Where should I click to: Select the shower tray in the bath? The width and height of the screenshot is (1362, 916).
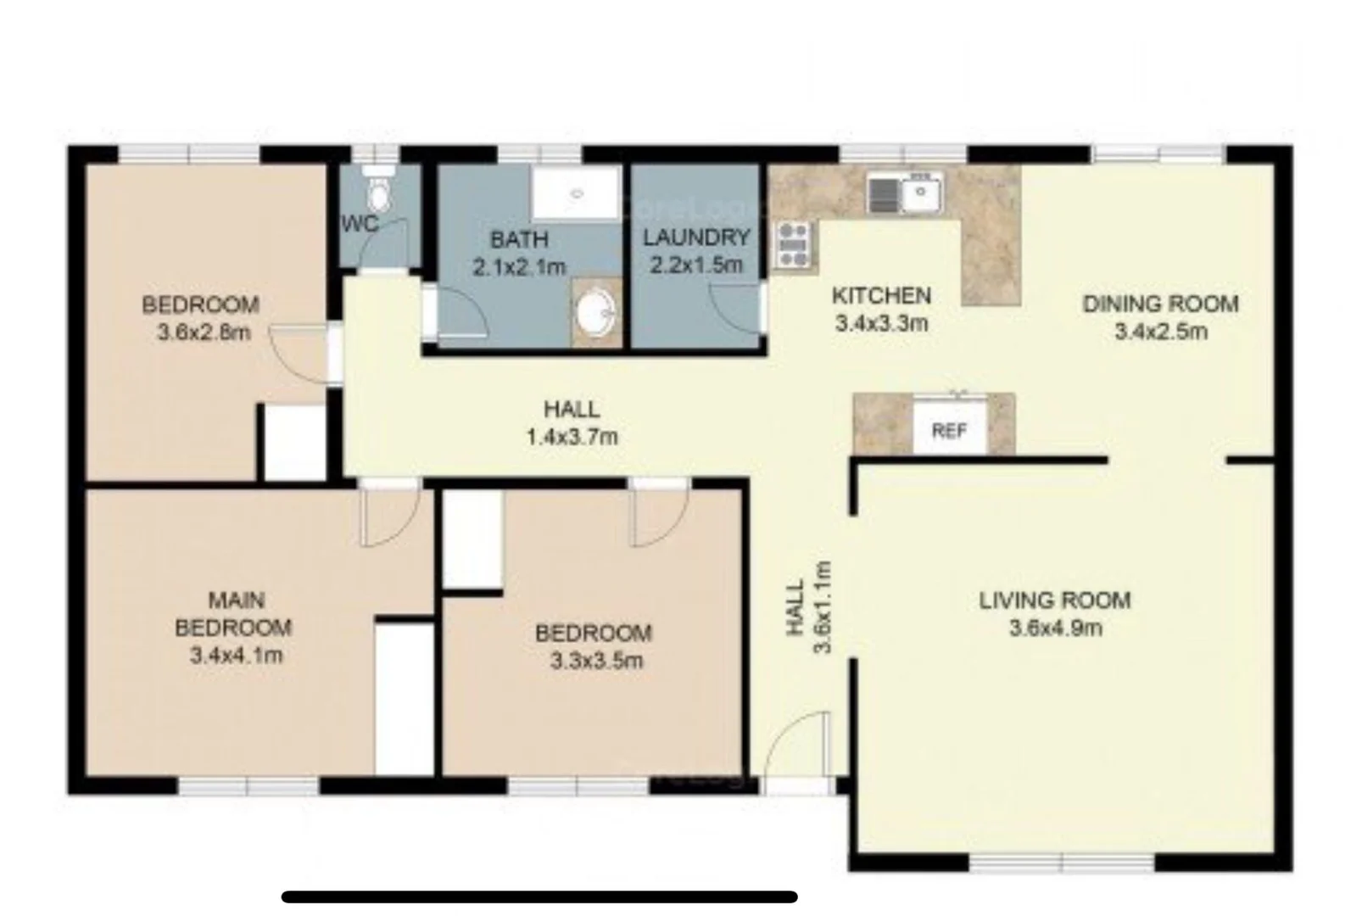(576, 194)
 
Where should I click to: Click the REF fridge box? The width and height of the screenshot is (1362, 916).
(949, 431)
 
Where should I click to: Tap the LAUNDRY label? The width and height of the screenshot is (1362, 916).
(696, 237)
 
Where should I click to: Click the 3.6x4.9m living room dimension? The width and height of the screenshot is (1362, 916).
(1055, 628)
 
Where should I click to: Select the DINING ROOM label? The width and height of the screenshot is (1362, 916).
(1160, 303)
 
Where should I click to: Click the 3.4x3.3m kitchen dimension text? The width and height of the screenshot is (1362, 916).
(881, 323)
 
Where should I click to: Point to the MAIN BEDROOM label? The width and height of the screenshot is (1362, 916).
(233, 614)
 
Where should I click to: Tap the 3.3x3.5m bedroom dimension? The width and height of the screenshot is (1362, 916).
(596, 661)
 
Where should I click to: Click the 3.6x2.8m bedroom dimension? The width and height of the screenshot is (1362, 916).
(204, 332)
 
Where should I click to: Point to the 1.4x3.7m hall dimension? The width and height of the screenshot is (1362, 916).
(572, 437)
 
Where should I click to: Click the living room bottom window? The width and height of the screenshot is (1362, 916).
(1062, 863)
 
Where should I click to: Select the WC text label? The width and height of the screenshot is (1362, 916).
(359, 224)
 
